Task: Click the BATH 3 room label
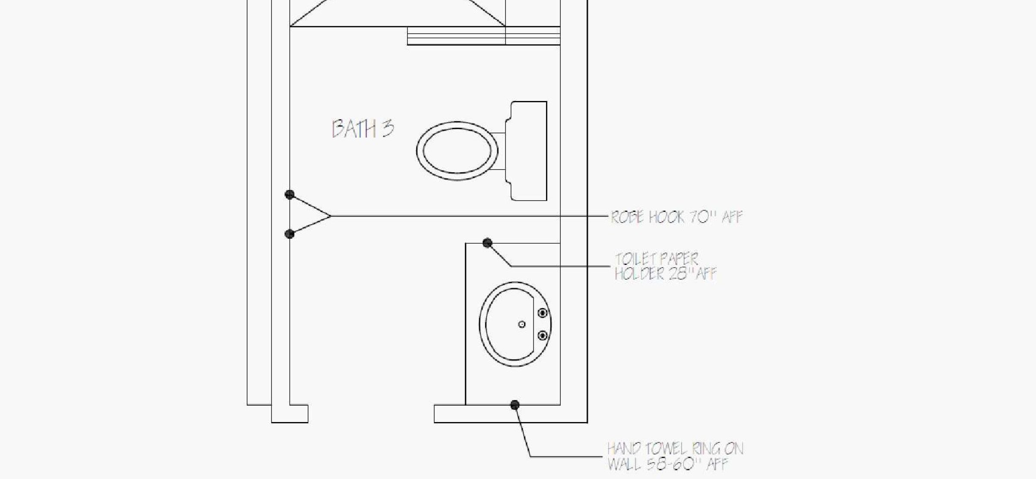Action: (x=363, y=129)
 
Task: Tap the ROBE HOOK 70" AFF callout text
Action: (x=676, y=217)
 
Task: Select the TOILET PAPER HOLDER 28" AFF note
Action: (x=665, y=266)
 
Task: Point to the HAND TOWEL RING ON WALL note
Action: (x=675, y=456)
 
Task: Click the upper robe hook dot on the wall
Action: (x=290, y=195)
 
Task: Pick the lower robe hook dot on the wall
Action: (x=290, y=234)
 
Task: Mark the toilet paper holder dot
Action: (x=487, y=243)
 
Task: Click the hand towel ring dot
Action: (x=515, y=405)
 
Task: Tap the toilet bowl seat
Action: (x=457, y=151)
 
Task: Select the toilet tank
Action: (x=526, y=151)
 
